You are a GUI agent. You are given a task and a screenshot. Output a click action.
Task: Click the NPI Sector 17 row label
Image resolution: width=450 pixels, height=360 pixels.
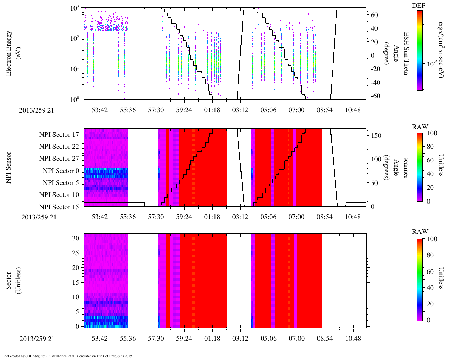click(59, 135)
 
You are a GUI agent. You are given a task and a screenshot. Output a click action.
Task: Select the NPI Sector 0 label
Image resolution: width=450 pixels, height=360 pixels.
click(61, 171)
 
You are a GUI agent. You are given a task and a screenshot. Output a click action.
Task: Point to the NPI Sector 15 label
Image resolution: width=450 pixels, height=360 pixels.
click(59, 207)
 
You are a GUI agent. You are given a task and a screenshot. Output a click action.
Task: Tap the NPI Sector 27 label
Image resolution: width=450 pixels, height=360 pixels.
click(59, 159)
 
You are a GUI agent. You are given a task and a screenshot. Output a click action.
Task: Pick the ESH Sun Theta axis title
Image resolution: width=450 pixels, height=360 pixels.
click(406, 53)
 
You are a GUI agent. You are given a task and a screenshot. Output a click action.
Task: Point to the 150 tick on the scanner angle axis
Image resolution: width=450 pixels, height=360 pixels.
click(376, 136)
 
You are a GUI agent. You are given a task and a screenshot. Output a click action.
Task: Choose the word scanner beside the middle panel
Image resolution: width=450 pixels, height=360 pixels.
click(406, 167)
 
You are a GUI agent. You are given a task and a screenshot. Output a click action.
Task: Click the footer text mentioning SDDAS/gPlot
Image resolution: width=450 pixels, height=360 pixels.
click(68, 356)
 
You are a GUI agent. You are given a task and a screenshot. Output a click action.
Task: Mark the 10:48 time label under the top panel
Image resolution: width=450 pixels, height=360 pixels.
click(353, 110)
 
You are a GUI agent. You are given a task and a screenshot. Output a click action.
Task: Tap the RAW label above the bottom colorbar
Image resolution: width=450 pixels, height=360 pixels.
click(420, 232)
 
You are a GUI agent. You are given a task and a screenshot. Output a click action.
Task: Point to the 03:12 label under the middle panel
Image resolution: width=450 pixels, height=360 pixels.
click(240, 217)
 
